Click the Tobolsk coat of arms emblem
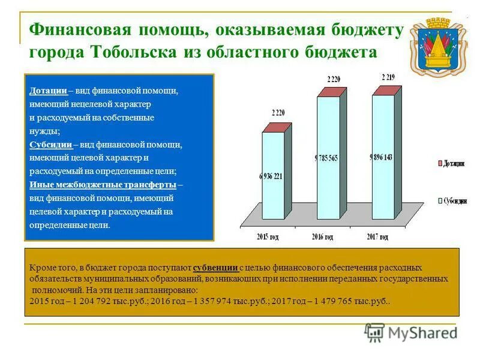click(x=438, y=45)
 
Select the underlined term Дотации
click(x=48, y=91)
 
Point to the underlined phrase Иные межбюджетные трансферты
click(x=103, y=184)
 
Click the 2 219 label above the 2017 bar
click(x=388, y=77)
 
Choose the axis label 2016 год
click(x=322, y=237)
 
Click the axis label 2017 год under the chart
click(x=377, y=237)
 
